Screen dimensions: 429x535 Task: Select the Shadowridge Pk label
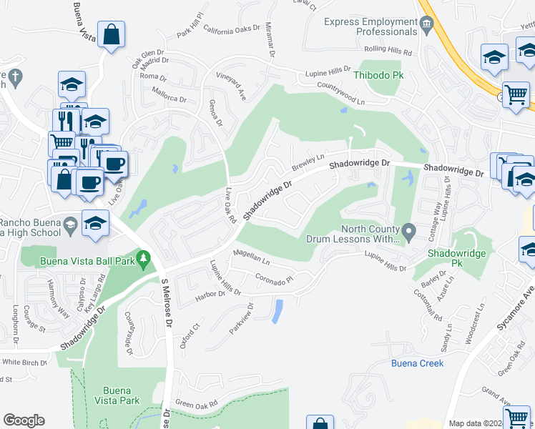click(457, 254)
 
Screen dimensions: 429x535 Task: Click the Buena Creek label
click(417, 363)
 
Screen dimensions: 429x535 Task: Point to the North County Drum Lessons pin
click(409, 231)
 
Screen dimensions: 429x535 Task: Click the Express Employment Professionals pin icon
click(428, 26)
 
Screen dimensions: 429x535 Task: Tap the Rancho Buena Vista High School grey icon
click(70, 227)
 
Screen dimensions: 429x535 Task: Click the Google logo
click(24, 420)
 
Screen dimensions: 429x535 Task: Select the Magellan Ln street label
click(250, 258)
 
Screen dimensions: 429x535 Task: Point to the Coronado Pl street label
click(275, 280)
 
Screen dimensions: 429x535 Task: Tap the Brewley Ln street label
click(308, 162)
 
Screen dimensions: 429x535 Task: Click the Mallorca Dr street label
click(169, 94)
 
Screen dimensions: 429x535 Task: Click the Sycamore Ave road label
click(515, 309)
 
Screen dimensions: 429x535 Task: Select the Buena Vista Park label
click(121, 395)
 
